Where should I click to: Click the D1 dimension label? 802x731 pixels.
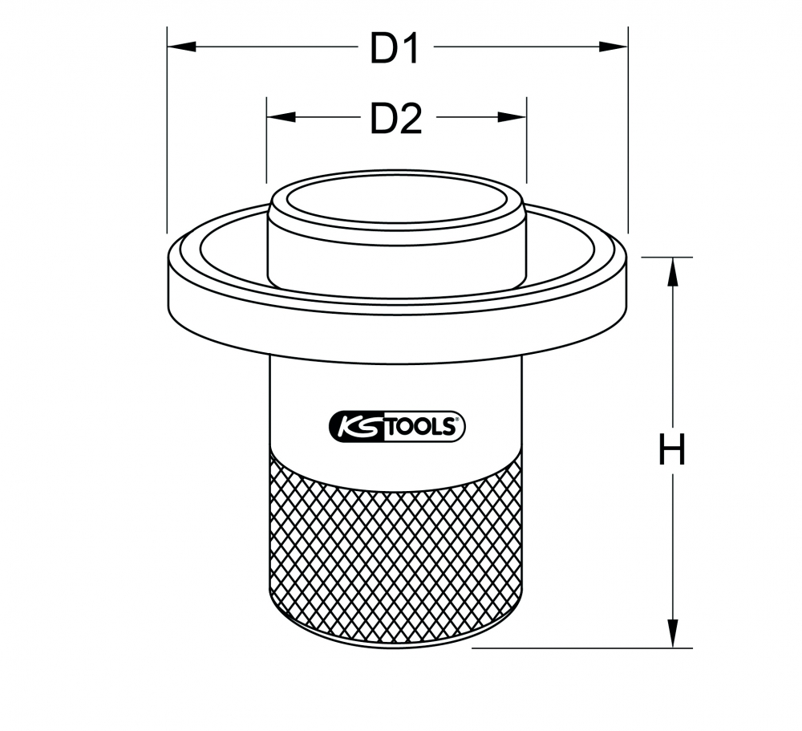(395, 48)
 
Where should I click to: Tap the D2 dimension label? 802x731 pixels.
(396, 119)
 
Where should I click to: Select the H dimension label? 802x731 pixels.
(671, 449)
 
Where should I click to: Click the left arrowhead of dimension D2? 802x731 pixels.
(281, 117)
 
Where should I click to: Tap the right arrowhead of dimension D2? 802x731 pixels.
(512, 117)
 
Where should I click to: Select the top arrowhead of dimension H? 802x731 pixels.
(673, 272)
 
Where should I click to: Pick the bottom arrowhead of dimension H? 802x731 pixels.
(673, 633)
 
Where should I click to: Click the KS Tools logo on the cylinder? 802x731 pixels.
(397, 426)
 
